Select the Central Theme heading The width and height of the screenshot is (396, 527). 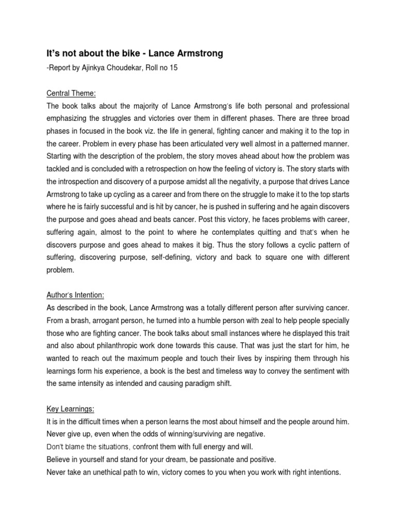(x=72, y=93)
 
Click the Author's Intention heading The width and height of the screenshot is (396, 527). (x=75, y=295)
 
